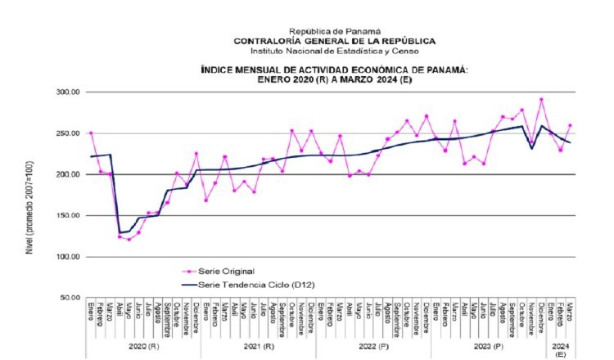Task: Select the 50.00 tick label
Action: coord(68,298)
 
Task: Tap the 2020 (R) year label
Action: coord(142,346)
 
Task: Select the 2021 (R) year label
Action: coord(259,346)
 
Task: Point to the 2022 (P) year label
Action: coord(373,346)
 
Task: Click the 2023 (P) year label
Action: coord(488,346)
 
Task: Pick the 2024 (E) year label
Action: coord(561,349)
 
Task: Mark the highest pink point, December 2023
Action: coord(541,100)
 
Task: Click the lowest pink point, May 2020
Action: coord(129,240)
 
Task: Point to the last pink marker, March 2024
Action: coord(570,126)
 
